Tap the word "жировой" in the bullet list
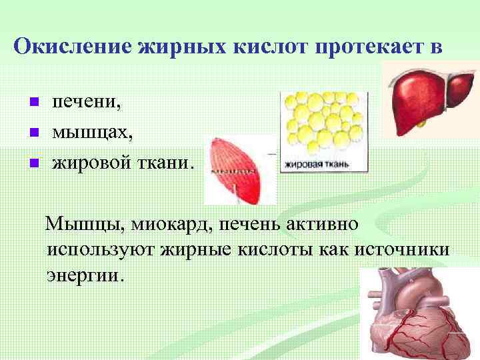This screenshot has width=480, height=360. [91, 161]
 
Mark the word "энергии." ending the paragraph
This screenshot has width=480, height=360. [85, 275]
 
